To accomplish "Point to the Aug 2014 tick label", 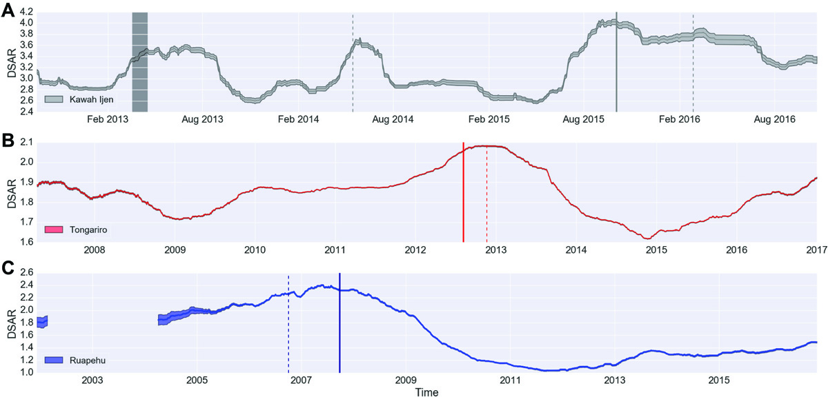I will [x=393, y=119].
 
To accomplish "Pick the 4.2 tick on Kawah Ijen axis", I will [x=26, y=12].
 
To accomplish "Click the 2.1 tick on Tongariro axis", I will [x=26, y=142].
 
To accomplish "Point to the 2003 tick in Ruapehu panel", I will [x=92, y=380].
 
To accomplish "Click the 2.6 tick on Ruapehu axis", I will [x=26, y=273].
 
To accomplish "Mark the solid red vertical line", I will [x=464, y=193].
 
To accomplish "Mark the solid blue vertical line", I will [x=339, y=324].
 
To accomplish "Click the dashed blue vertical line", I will [x=288, y=324].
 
